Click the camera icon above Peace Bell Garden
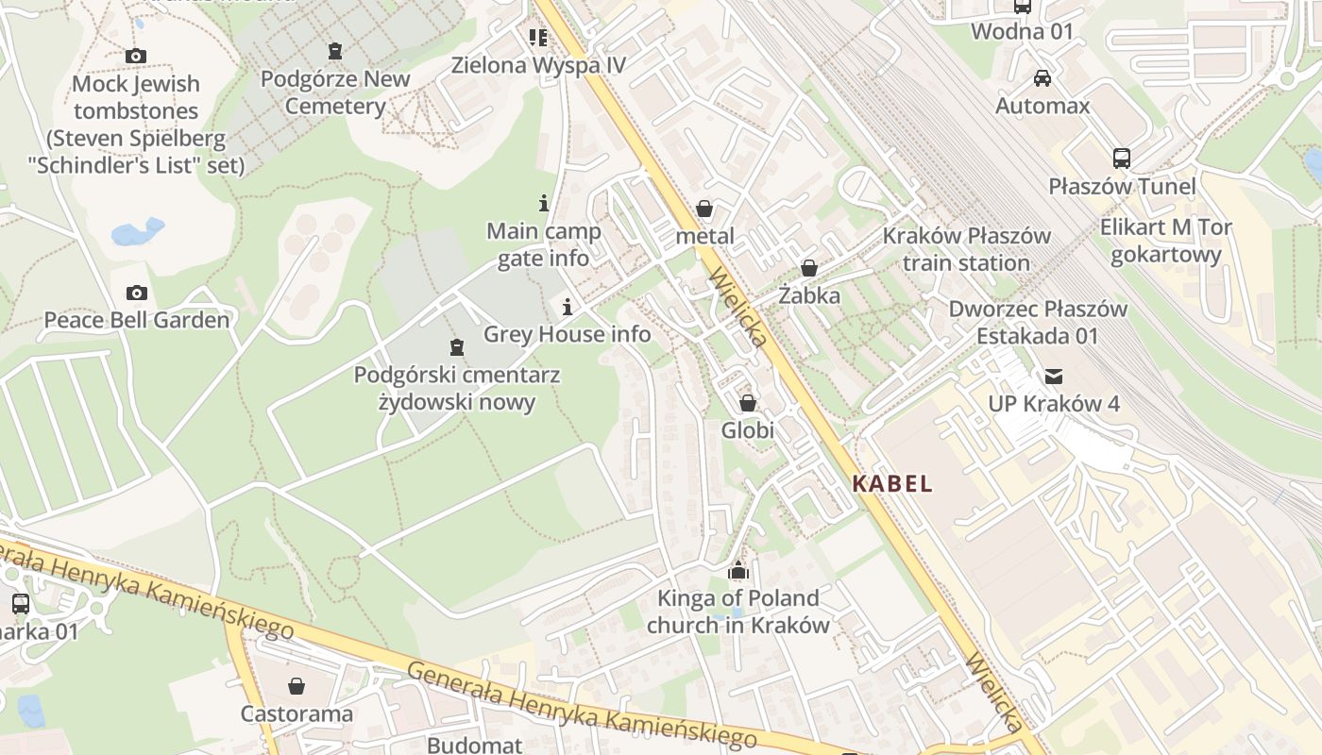coord(136,293)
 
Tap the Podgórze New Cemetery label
coord(335,92)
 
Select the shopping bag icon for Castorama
coord(297,685)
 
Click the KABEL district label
coord(892,484)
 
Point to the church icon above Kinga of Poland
coord(738,571)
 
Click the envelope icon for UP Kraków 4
coord(1053,377)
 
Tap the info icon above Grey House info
coord(568,307)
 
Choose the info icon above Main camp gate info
coord(543,203)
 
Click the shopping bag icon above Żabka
coord(808,268)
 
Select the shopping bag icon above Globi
coord(748,403)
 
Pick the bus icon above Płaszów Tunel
coord(1121,159)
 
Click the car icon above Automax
coord(1042,77)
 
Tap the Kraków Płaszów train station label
coord(966,249)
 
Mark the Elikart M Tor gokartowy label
coord(1165,241)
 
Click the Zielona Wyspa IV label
coord(538,65)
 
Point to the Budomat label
coord(474,745)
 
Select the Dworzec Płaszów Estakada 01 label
coord(1037,322)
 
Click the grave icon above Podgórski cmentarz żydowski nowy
coord(457,347)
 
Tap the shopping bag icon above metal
coord(704,209)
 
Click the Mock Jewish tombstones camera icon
coord(136,56)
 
